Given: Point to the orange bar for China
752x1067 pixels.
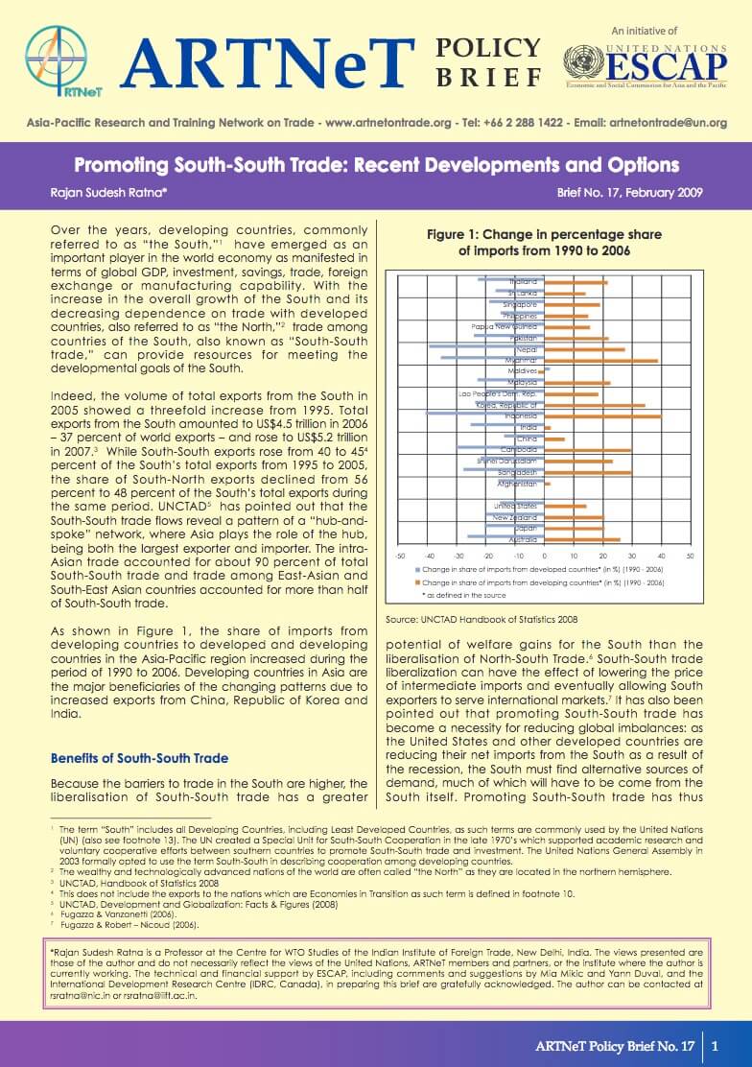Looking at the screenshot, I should [554, 439].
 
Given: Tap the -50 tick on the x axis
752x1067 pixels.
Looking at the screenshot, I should [400, 556].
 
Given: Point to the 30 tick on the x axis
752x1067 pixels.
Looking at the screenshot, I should [631, 556].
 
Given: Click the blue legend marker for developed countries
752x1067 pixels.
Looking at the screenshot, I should [416, 569].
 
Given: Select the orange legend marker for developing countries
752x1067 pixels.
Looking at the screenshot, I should [416, 582].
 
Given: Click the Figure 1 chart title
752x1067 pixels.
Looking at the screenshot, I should [545, 242].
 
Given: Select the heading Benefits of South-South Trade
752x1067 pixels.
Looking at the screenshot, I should [139, 759].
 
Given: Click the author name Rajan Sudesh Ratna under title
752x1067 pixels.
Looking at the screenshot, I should [103, 192].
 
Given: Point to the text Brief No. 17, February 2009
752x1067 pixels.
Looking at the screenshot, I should [630, 192].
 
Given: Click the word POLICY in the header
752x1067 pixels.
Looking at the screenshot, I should [487, 48].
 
